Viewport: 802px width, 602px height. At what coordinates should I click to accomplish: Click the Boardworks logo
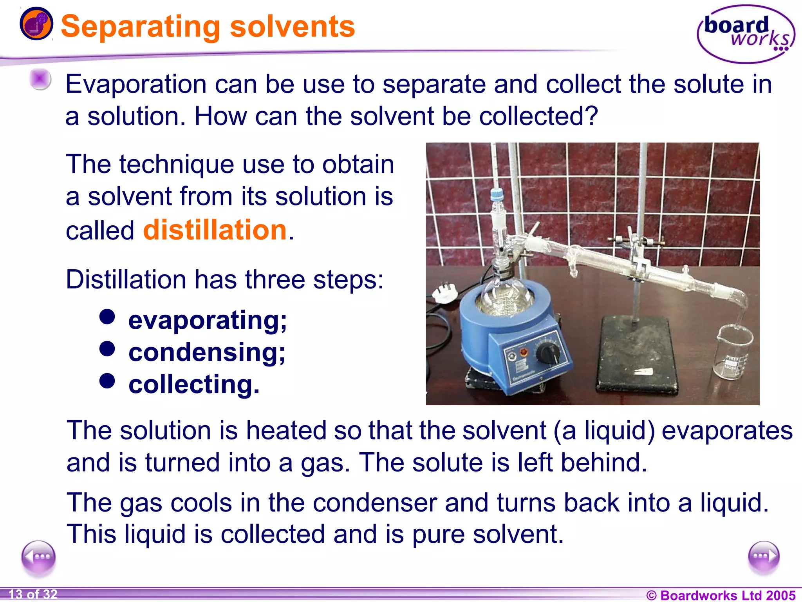pos(746,34)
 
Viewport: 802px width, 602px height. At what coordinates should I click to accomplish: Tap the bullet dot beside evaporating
pos(107,317)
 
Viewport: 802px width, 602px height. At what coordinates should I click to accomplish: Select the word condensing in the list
pos(207,352)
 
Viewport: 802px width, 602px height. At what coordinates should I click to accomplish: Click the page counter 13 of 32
pos(33,594)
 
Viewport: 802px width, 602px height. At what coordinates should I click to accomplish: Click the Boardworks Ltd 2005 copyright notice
pos(721,595)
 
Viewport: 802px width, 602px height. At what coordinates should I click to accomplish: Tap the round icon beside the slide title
pos(36,24)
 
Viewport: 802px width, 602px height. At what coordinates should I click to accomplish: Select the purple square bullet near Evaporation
pos(40,79)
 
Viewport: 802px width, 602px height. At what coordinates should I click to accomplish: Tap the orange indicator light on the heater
pos(523,352)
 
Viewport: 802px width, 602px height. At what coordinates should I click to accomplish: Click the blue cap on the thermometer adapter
pos(497,193)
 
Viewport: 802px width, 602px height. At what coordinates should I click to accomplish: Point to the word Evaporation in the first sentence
pos(135,84)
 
